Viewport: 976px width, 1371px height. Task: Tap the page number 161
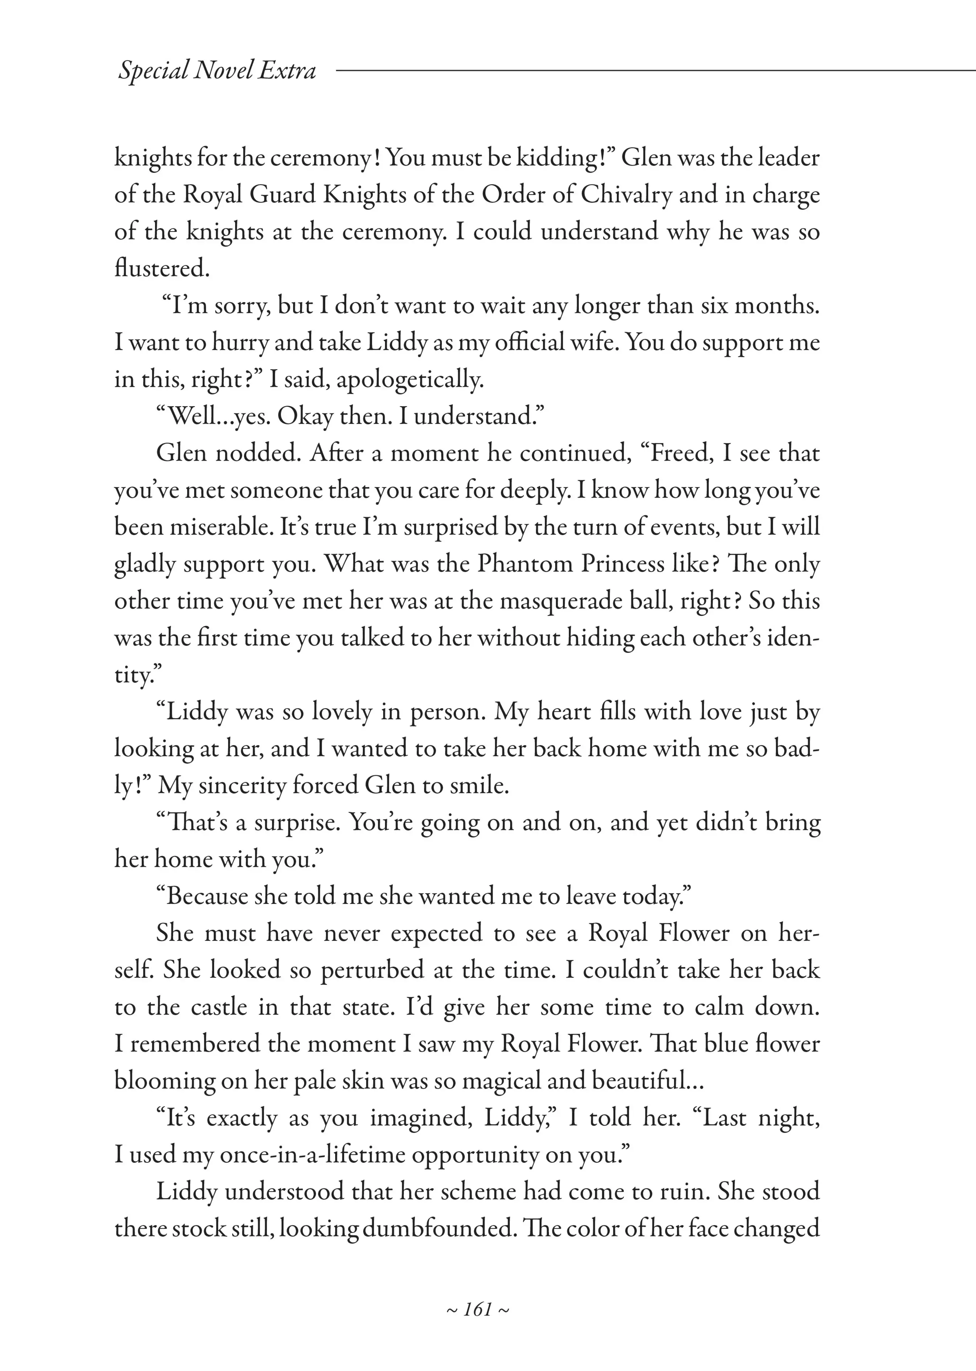[x=478, y=1309]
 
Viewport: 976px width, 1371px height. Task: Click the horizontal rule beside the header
[x=655, y=70]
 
